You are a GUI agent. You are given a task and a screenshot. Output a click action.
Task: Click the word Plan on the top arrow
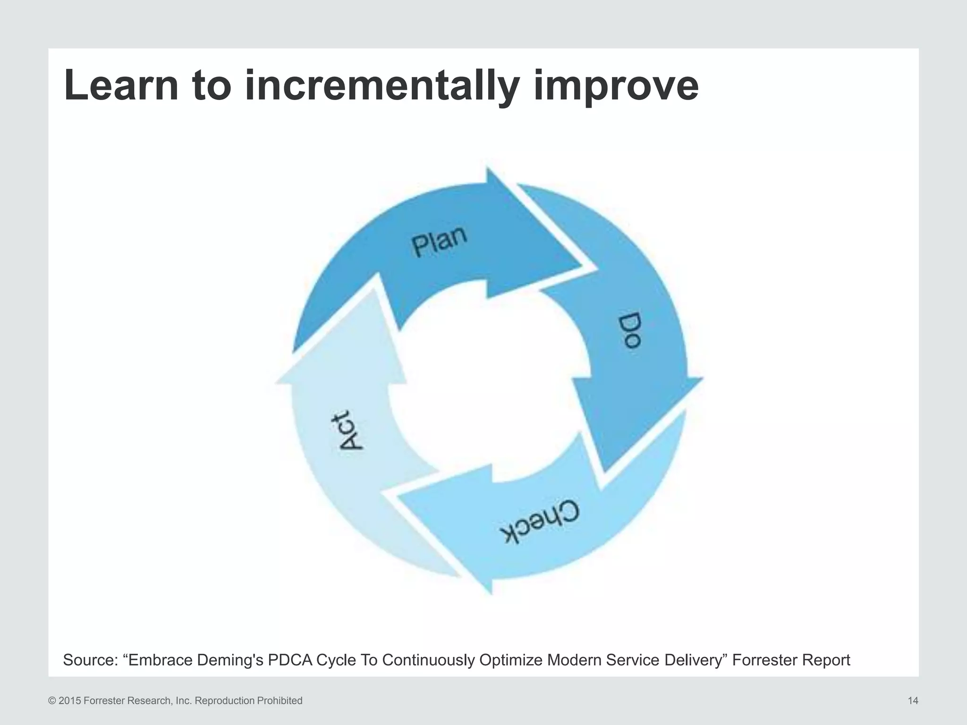[439, 241]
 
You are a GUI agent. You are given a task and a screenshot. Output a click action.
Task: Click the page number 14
[913, 701]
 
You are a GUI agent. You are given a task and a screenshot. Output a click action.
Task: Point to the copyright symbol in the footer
[52, 701]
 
